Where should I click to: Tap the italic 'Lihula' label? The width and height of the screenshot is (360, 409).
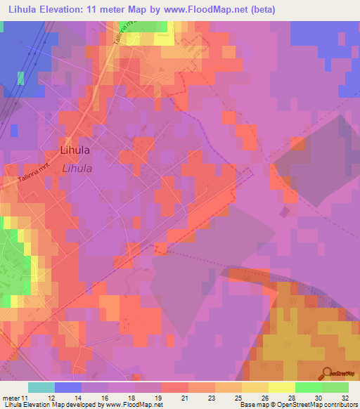[77, 169]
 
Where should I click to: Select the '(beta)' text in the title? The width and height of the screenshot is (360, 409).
[262, 10]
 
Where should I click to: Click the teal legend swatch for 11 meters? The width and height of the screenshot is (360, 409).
[41, 387]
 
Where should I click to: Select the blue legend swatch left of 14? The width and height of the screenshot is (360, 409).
[67, 387]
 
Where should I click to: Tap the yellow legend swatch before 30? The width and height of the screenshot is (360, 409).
[281, 387]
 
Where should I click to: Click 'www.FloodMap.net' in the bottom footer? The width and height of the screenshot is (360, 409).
[134, 405]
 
